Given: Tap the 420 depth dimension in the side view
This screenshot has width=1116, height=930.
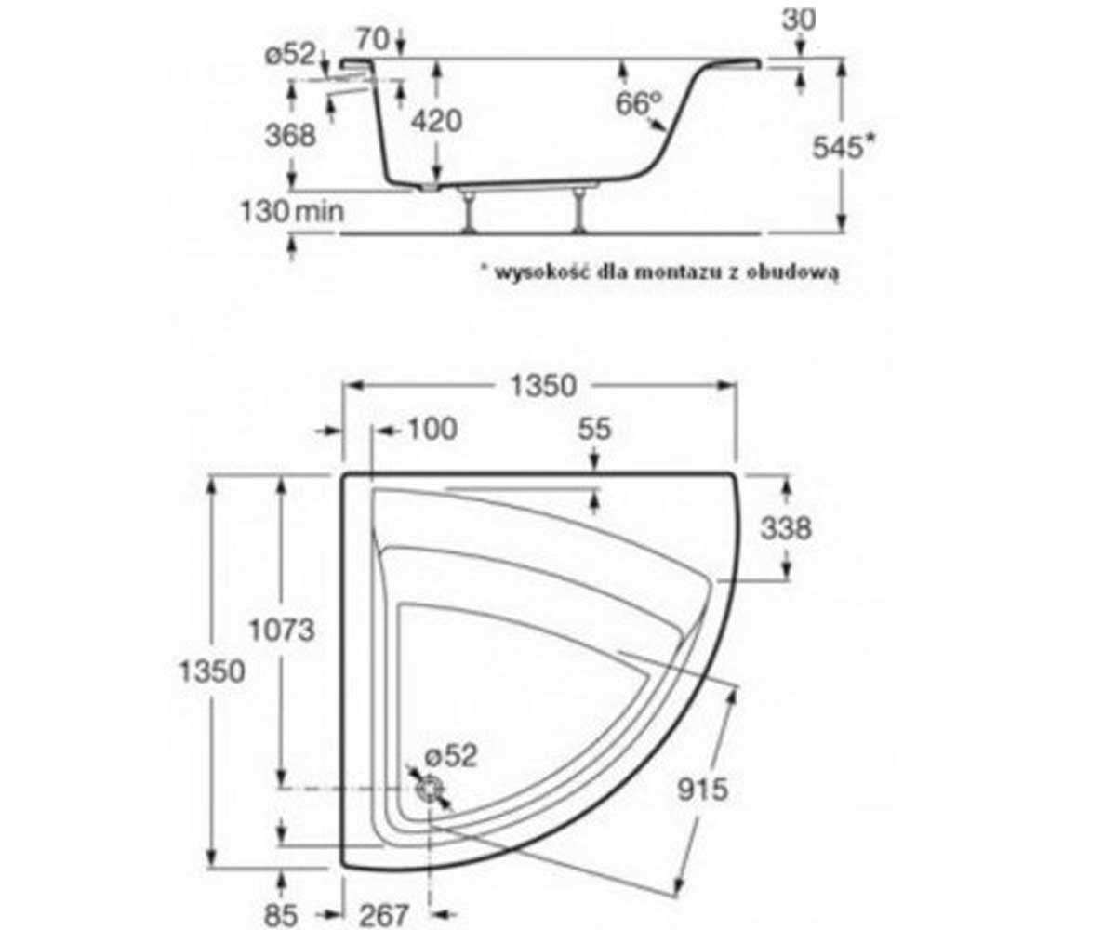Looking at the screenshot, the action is coord(436,121).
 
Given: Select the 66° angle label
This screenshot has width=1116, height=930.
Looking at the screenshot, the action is coord(639,102).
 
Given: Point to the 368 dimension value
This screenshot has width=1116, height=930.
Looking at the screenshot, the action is coord(290,135).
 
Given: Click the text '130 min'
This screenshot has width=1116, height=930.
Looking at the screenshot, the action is coord(292,211).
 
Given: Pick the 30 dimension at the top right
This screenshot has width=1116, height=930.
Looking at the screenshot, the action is coord(799,20).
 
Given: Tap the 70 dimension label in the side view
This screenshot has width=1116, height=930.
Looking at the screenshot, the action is coord(373,39).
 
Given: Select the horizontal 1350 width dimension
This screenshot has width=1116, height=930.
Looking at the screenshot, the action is coord(543,385).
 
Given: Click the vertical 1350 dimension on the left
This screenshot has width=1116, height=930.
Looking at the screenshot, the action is coord(212,671).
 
